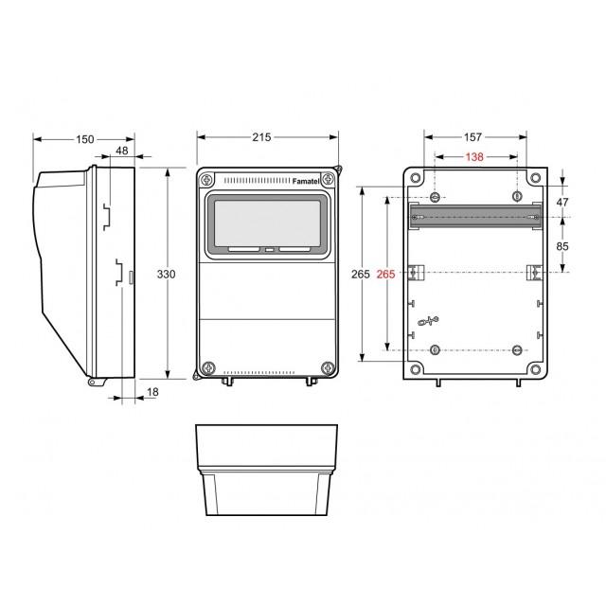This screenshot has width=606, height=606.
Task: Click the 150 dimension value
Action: [x=84, y=139]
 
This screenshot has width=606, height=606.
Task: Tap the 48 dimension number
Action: [x=122, y=151]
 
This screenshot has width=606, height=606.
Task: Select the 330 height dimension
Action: [x=166, y=274]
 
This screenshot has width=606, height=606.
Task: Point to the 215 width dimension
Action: [x=261, y=137]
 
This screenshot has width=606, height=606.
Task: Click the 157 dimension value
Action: [x=472, y=137]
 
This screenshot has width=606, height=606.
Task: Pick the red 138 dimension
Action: [x=474, y=157]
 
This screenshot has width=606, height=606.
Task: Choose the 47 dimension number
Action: [x=562, y=202]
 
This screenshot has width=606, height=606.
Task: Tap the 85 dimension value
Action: [x=562, y=246]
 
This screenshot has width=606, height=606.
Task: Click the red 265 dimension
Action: [x=385, y=274]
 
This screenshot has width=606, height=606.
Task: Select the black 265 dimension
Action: [x=360, y=274]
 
